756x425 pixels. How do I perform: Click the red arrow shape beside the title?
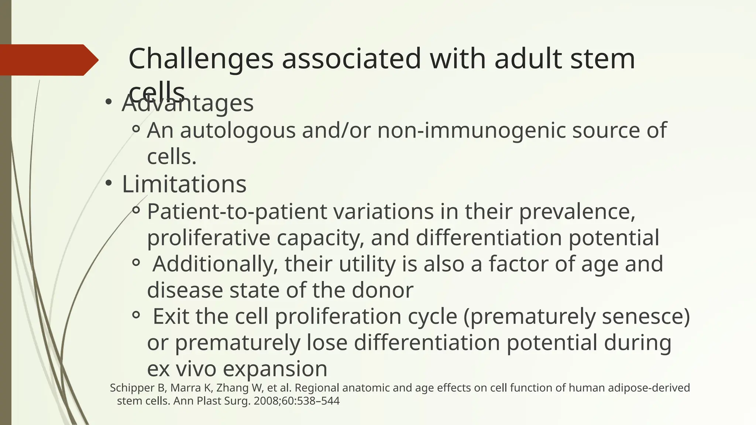pyautogui.click(x=48, y=60)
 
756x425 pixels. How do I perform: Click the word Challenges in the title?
pyautogui.click(x=201, y=59)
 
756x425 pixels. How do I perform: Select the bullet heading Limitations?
pyautogui.click(x=184, y=184)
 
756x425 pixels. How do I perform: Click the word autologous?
pyautogui.click(x=238, y=131)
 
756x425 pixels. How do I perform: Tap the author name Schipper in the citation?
pyautogui.click(x=131, y=388)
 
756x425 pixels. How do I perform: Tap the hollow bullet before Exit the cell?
pyautogui.click(x=136, y=315)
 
